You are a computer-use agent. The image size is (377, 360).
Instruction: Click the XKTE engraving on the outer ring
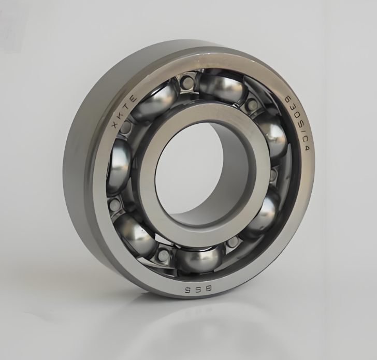tap(123, 112)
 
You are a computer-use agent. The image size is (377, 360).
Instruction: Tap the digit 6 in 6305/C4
tap(287, 98)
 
